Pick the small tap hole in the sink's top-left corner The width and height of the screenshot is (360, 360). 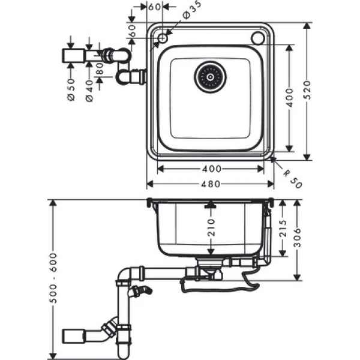161,38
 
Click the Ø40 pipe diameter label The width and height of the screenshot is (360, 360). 89,90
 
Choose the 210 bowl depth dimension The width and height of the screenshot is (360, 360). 211,227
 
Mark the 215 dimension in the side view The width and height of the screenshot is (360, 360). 283,228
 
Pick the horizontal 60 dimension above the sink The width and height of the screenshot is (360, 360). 154,7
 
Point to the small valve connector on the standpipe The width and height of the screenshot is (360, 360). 143,293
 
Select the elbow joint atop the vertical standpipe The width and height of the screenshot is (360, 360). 124,275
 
